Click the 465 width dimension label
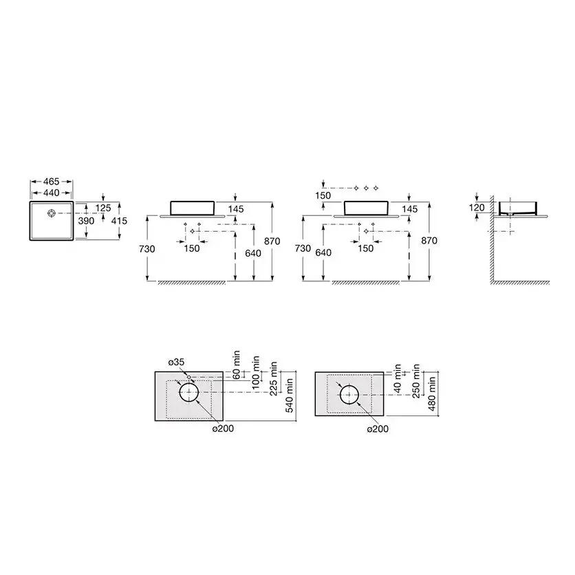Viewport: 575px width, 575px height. point(52,182)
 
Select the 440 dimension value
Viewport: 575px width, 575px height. point(52,193)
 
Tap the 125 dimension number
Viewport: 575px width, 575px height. point(103,208)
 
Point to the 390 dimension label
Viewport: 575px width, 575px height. point(86,221)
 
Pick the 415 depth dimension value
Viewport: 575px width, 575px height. point(119,221)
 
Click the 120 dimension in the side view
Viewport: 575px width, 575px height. point(477,208)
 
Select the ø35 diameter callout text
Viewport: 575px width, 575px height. point(176,362)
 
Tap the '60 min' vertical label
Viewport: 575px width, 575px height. point(237,365)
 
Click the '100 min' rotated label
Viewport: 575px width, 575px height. point(256,372)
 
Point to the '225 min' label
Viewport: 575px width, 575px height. point(274,378)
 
